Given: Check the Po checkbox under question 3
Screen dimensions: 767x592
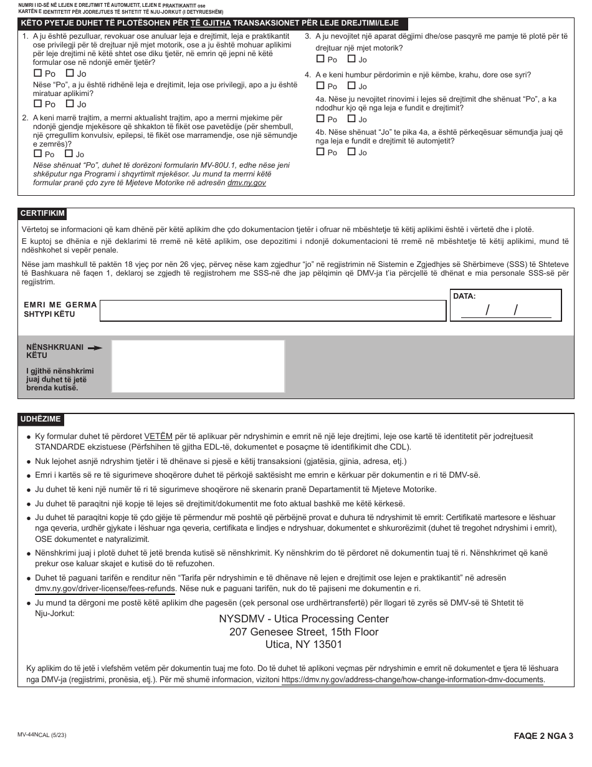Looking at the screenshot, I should [x=320, y=59].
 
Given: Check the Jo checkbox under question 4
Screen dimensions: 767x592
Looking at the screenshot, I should [x=351, y=86].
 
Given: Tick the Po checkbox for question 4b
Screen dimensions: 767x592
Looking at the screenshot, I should [x=320, y=152].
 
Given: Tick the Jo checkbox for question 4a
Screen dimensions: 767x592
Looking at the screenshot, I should [x=351, y=119].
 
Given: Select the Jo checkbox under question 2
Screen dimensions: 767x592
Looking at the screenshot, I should [x=69, y=153].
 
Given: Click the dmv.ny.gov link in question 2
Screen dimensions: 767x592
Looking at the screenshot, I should [x=246, y=183].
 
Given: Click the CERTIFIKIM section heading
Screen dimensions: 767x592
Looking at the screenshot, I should [x=42, y=213].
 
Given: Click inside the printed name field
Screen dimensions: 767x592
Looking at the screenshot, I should [x=272, y=311].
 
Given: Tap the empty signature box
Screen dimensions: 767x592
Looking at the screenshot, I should [x=198, y=366].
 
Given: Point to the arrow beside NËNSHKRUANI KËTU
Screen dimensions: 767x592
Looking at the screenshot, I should [x=95, y=348].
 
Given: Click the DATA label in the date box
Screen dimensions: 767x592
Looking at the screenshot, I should [x=464, y=296].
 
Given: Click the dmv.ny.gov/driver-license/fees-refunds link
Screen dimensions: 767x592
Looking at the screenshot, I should [x=105, y=588].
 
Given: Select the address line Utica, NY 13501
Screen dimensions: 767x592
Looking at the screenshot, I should [x=303, y=645].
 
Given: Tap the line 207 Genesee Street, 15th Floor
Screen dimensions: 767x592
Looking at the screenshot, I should [x=303, y=632].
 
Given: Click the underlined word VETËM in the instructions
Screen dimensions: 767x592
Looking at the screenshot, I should [x=158, y=437].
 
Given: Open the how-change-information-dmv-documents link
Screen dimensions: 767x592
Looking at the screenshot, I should [x=413, y=680].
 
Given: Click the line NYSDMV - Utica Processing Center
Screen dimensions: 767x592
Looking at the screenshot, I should [x=303, y=619].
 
